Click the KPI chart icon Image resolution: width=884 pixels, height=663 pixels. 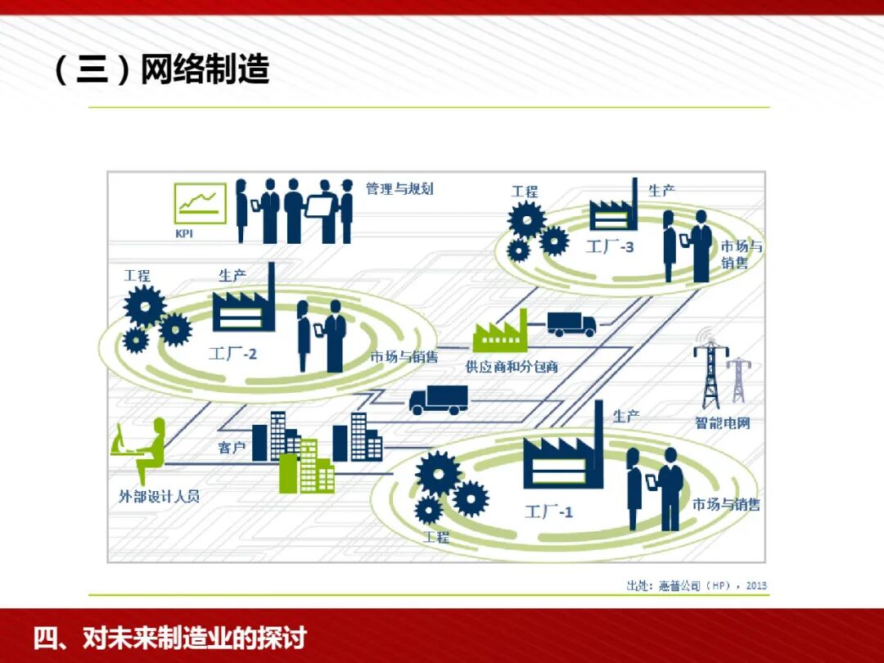pos(200,203)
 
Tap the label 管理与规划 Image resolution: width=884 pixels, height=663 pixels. pos(399,189)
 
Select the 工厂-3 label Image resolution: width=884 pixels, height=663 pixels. pos(610,246)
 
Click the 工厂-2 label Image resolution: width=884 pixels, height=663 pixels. pos(232,354)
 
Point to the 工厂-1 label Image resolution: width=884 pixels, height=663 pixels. pos(548,512)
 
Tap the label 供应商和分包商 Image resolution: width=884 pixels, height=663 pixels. pos(512,367)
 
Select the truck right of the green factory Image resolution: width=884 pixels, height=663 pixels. pos(571,324)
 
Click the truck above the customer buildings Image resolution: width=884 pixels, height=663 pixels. pos(438,399)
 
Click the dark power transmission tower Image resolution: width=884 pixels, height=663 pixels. pos(710,372)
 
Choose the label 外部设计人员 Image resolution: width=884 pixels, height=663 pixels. pos(159,496)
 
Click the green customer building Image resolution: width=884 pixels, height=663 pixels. pos(305,468)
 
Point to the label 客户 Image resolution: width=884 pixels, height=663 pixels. pos(232,448)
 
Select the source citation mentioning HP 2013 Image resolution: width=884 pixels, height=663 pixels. pos(697,585)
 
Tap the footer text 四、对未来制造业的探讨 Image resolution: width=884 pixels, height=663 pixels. pos(169,638)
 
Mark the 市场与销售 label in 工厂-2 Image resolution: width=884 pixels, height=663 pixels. pos(404,357)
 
